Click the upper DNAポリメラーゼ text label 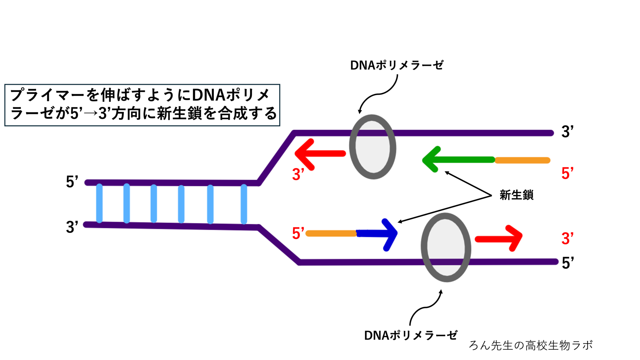(x=396, y=65)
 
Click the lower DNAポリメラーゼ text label (x=410, y=335)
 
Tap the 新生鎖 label (x=516, y=195)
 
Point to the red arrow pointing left (x=319, y=153)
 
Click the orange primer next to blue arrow (x=331, y=233)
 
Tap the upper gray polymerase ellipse (x=372, y=147)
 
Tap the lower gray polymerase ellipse (x=446, y=247)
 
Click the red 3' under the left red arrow (x=298, y=174)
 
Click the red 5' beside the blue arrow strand (x=298, y=233)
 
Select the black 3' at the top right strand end (x=567, y=132)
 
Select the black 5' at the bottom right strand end (x=567, y=263)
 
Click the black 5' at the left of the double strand (x=72, y=182)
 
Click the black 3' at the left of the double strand (x=72, y=227)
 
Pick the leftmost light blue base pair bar (x=99, y=203)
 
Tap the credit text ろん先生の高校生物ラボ (x=530, y=345)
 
